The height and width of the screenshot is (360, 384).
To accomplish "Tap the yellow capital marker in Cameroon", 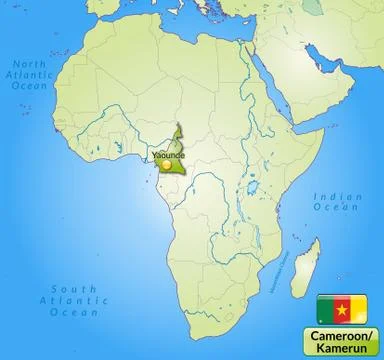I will (x=166, y=165).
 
